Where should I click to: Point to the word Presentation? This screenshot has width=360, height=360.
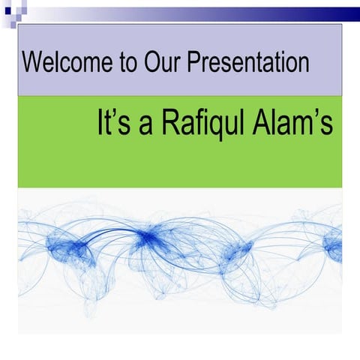tap(248, 61)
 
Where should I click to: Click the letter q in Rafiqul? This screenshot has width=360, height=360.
tap(214, 127)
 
